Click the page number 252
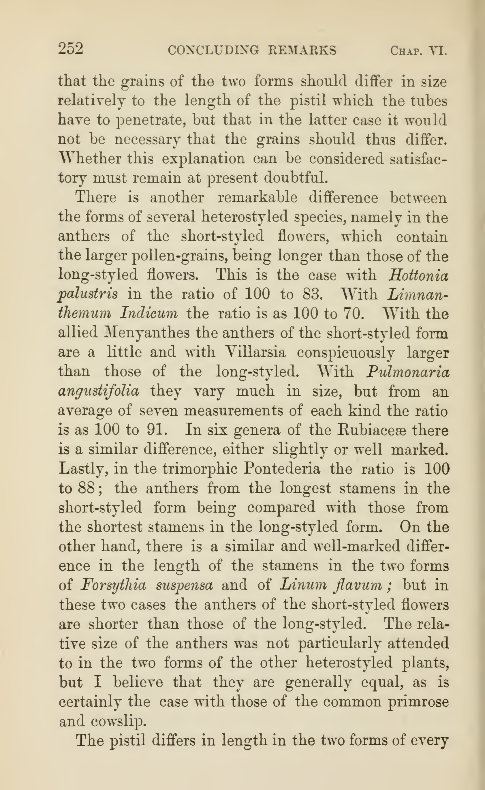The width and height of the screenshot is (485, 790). [71, 49]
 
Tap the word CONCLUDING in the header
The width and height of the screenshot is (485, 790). [213, 50]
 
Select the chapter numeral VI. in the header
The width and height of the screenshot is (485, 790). [438, 51]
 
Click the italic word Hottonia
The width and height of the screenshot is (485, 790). [418, 275]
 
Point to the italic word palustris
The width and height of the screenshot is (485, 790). [88, 294]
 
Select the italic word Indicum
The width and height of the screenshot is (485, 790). [148, 313]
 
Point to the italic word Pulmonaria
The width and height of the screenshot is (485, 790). [408, 372]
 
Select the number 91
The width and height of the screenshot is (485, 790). [157, 430]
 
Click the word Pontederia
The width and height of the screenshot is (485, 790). [282, 469]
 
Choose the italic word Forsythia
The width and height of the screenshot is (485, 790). [114, 585]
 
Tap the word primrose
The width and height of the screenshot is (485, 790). [418, 701]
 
